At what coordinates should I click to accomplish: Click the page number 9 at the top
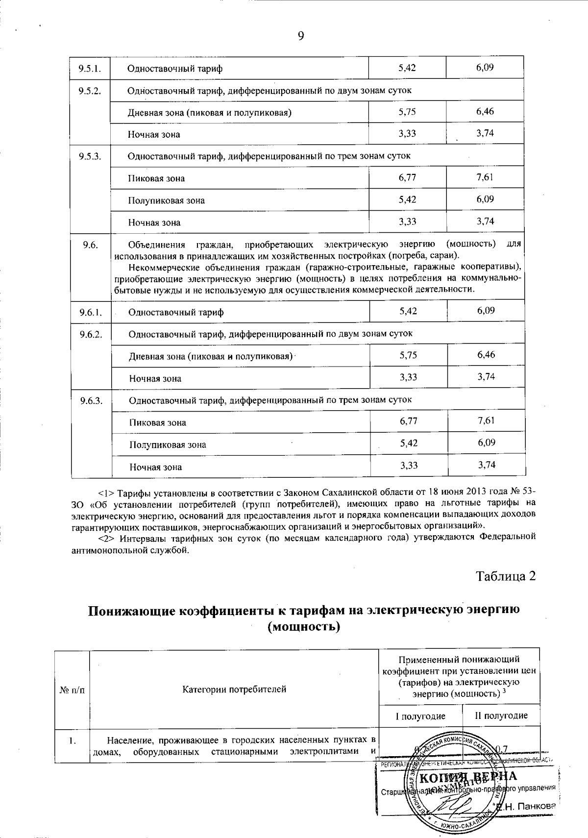301,35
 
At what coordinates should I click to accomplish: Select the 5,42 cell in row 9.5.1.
407,68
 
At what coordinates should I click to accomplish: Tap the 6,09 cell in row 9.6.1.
486,311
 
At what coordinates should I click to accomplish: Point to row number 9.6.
90,245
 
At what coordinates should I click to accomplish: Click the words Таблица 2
506,576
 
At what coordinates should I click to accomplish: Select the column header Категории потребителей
234,690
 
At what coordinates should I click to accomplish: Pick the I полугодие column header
421,715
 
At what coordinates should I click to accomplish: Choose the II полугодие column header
501,715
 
